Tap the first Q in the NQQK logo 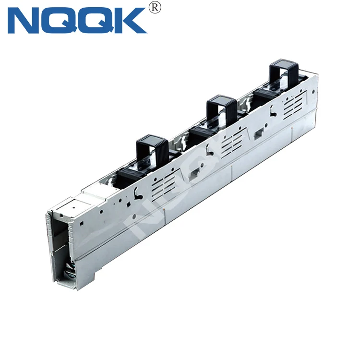tap(62, 20)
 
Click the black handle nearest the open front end tap(151, 147)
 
